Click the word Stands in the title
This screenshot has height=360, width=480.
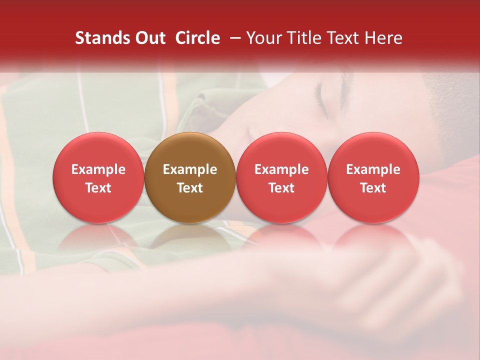click(x=103, y=38)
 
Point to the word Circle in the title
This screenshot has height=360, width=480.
click(x=197, y=38)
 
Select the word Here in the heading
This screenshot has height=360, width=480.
click(x=384, y=38)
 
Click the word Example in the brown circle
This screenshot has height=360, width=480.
click(x=190, y=169)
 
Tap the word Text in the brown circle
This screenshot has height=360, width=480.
click(x=190, y=188)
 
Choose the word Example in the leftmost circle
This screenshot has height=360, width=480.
click(x=98, y=169)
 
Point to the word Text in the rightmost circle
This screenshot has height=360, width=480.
click(x=373, y=188)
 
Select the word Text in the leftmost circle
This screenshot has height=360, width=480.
click(x=98, y=188)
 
